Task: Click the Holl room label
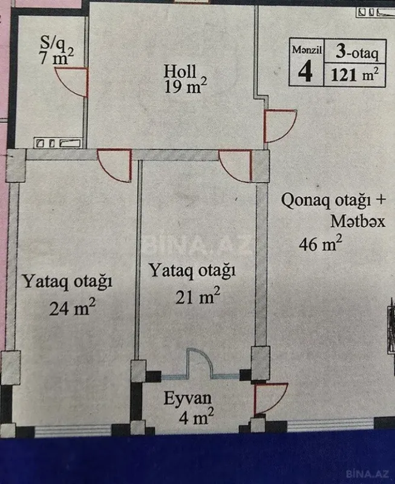click(180, 71)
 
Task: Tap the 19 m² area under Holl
click(185, 87)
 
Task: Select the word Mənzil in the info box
click(305, 50)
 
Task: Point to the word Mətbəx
click(357, 222)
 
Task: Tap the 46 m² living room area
click(321, 244)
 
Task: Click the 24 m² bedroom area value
click(73, 309)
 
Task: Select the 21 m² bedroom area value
click(196, 296)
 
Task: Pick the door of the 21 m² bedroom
click(237, 165)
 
